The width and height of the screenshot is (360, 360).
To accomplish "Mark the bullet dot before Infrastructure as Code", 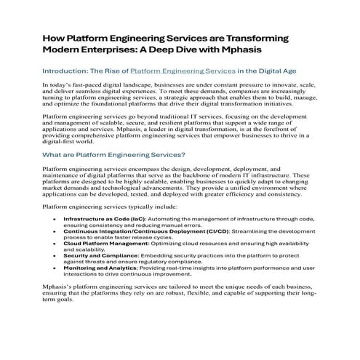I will (x=56, y=238).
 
